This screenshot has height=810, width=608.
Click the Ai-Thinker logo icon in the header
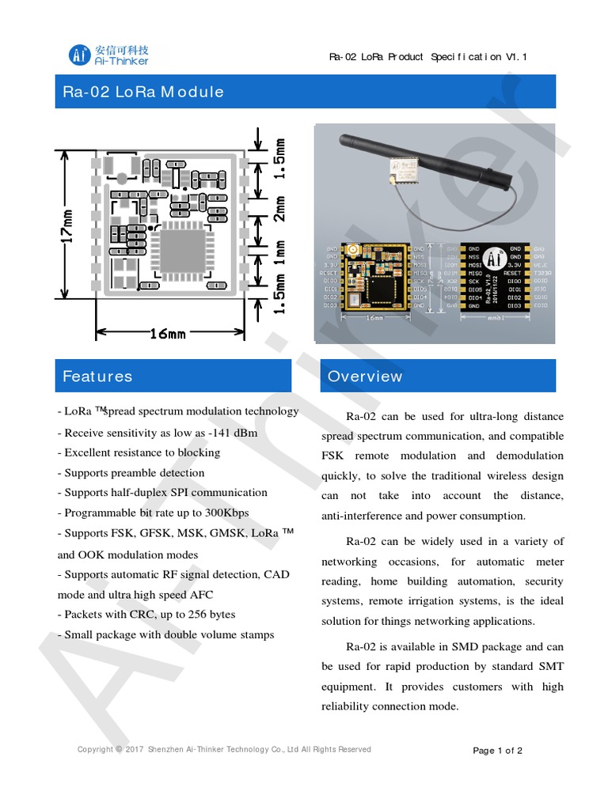pos(79,55)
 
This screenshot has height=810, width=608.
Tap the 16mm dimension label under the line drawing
pos(168,334)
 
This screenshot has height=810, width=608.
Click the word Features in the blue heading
pos(97,377)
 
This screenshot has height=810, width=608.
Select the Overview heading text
pos(365,377)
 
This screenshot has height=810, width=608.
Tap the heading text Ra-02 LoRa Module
pos(143,92)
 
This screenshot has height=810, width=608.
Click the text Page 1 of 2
pos(497,751)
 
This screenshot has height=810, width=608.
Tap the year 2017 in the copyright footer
pos(135,750)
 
